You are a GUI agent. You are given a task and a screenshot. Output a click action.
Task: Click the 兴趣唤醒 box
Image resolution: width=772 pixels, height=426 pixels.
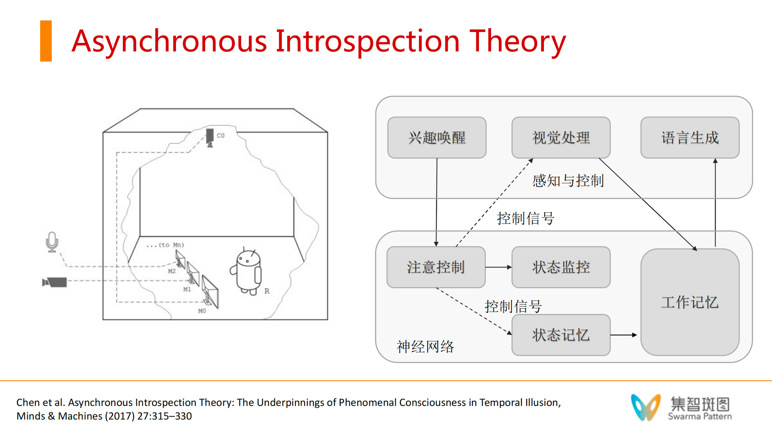click(x=437, y=137)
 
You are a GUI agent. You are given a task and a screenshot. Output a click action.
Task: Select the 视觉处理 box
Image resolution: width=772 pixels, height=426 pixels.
click(x=561, y=137)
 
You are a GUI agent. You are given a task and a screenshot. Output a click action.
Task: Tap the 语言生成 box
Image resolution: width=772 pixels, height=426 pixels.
click(x=690, y=137)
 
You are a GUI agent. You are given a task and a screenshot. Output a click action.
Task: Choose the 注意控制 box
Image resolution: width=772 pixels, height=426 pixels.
click(x=436, y=267)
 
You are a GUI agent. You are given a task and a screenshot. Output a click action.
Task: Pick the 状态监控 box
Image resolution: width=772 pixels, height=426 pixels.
click(x=561, y=267)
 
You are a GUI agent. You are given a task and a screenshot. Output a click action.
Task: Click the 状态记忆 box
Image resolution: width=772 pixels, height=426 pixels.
click(x=561, y=335)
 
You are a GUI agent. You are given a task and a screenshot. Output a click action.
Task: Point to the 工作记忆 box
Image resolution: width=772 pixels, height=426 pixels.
click(x=690, y=302)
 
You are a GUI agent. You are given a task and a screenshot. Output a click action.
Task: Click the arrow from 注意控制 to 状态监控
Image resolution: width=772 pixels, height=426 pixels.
click(x=499, y=267)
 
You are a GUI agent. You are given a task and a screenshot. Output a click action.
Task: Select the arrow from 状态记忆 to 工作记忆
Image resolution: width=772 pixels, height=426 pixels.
click(x=624, y=335)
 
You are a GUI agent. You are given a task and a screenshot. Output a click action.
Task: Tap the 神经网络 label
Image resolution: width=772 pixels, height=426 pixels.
click(x=425, y=347)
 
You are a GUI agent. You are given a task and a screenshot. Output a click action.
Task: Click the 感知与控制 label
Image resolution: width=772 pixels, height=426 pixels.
click(x=568, y=181)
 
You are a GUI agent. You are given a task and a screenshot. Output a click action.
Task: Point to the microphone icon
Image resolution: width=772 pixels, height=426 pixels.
click(x=52, y=242)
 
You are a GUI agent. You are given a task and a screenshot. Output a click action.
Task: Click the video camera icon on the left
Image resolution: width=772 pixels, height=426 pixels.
click(x=54, y=282)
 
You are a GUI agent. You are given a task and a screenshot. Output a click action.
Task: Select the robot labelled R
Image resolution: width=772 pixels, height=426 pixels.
click(x=247, y=272)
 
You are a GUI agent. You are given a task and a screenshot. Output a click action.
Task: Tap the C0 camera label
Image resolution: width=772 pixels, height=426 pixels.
click(x=220, y=135)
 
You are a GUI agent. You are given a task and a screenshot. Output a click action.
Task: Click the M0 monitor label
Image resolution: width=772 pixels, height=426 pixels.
click(x=202, y=311)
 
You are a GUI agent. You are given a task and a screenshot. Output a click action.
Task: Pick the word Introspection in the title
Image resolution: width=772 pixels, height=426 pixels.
click(x=367, y=42)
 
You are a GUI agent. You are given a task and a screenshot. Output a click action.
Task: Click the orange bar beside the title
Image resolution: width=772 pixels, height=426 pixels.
click(x=46, y=41)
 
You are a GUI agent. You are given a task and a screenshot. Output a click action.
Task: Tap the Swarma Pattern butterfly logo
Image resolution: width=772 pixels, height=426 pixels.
click(x=646, y=407)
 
